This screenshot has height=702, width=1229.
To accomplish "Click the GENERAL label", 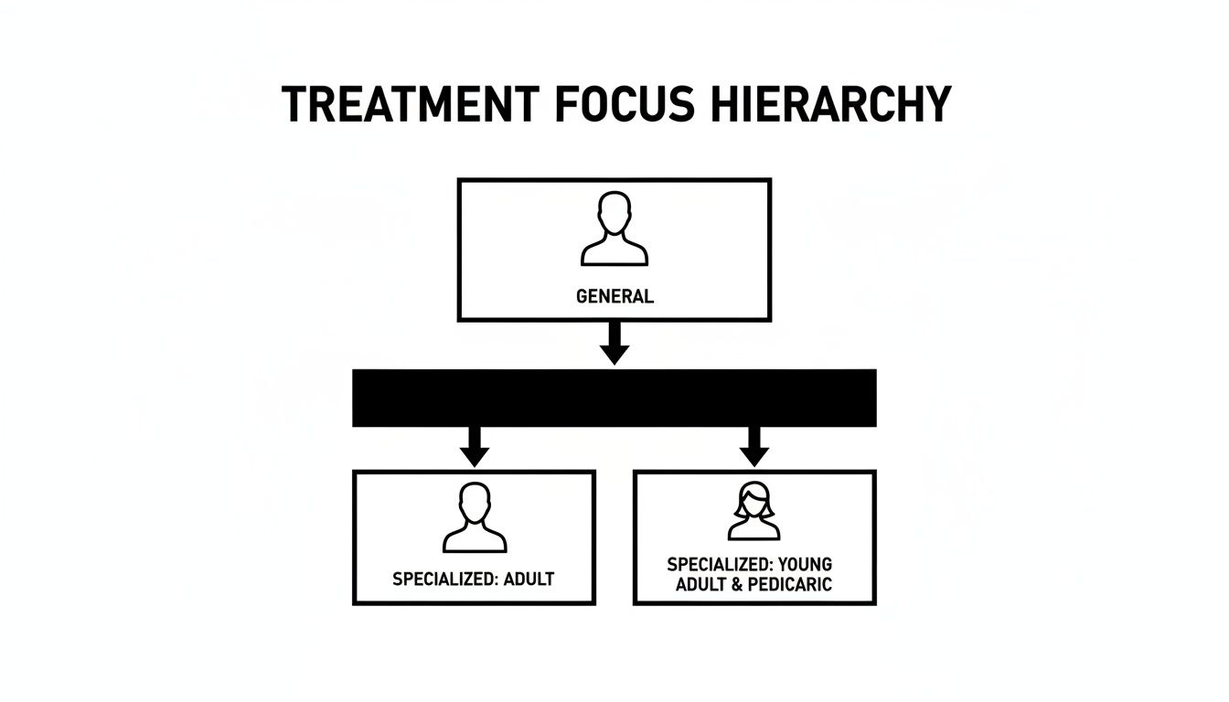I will click(614, 296).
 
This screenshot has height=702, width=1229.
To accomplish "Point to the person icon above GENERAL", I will click(614, 229).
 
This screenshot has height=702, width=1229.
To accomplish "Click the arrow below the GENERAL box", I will click(614, 344).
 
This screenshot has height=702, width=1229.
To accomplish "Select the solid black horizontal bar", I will click(614, 398).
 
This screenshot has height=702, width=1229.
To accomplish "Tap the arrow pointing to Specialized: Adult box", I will click(474, 445).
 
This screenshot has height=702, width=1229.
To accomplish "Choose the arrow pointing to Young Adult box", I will click(753, 445).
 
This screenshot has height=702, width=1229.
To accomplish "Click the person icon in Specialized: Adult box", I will click(474, 519).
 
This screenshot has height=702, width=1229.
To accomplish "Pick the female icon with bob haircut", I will click(753, 513).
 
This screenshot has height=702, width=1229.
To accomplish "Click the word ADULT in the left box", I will click(529, 579).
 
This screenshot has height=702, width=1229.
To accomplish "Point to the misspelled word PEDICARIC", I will click(789, 585).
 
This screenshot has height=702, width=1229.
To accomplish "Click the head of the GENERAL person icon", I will click(614, 213).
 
